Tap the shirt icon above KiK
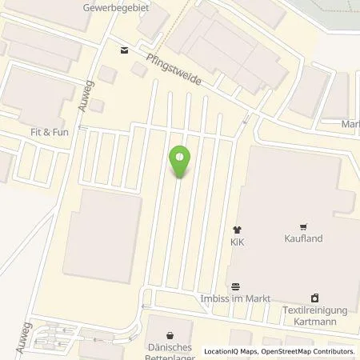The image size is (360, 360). point(237,229)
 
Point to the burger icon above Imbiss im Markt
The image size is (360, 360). point(235,287)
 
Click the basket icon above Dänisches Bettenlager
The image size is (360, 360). point(169,335)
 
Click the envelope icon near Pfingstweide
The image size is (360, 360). point(123,50)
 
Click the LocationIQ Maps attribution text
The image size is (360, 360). point(231,351)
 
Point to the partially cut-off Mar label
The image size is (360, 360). point(350,124)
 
